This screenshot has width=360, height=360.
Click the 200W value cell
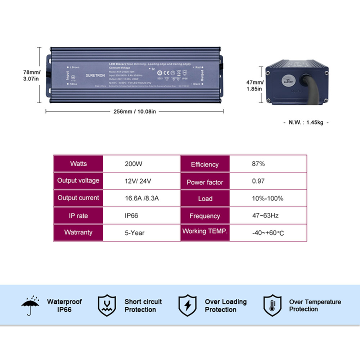tap(134, 163)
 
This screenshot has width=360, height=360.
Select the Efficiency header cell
tap(204, 164)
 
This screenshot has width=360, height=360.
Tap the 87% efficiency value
tap(258, 163)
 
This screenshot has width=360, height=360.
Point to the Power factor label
tap(204, 182)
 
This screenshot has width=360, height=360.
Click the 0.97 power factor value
tap(258, 181)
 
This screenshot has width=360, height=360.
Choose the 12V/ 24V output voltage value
tap(138, 181)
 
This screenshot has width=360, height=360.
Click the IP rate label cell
tap(78, 215)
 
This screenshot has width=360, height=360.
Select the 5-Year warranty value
tap(135, 232)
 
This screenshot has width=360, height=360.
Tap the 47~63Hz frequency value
tap(265, 215)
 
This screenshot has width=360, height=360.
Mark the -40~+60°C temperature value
tap(268, 233)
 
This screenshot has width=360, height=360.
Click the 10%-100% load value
tap(267, 198)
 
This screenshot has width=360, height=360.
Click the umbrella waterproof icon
tap(30, 305)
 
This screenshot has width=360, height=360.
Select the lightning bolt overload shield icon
tap(187, 305)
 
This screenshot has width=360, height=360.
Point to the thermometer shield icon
tap(272, 305)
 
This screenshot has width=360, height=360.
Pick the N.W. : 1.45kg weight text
tap(306, 122)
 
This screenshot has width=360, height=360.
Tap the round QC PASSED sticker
tap(288, 79)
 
